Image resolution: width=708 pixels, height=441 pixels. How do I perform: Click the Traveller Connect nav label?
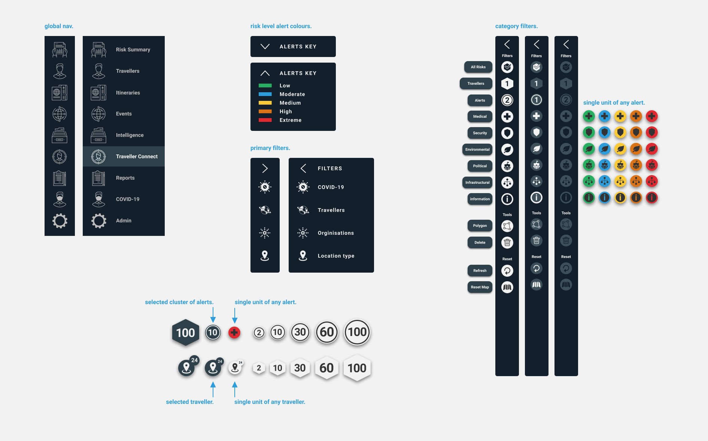coord(137,156)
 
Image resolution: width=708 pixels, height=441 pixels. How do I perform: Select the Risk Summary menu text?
coord(133,49)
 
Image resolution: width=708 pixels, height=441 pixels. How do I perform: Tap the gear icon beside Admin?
coord(99,221)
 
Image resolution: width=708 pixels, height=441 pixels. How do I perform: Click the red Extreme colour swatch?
coord(265,120)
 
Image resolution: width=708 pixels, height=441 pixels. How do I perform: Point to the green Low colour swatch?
coord(265,85)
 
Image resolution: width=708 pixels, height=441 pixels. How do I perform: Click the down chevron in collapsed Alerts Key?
coord(265,46)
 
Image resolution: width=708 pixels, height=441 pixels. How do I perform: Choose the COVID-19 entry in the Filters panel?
coord(331,187)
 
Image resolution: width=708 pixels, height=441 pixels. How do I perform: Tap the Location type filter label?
coord(336,256)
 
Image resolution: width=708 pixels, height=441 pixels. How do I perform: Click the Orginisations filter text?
coord(335,233)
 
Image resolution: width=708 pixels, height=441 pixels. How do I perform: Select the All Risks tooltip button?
coord(478,67)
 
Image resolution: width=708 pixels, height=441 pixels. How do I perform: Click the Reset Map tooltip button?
coord(480,287)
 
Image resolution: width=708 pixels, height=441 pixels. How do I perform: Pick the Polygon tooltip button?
coord(480,226)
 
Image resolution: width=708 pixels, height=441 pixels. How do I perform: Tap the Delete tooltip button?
coord(480,243)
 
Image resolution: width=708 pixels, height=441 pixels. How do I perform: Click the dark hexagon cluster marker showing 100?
coord(186,333)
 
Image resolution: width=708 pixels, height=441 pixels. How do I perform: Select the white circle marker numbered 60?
coord(327,332)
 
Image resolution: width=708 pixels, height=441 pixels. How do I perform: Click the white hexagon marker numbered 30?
coord(300,368)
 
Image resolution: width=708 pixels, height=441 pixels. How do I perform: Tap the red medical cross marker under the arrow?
coord(234,332)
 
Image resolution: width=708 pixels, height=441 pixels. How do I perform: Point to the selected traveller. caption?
coord(190,402)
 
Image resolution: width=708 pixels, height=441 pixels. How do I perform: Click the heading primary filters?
coord(270,148)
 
